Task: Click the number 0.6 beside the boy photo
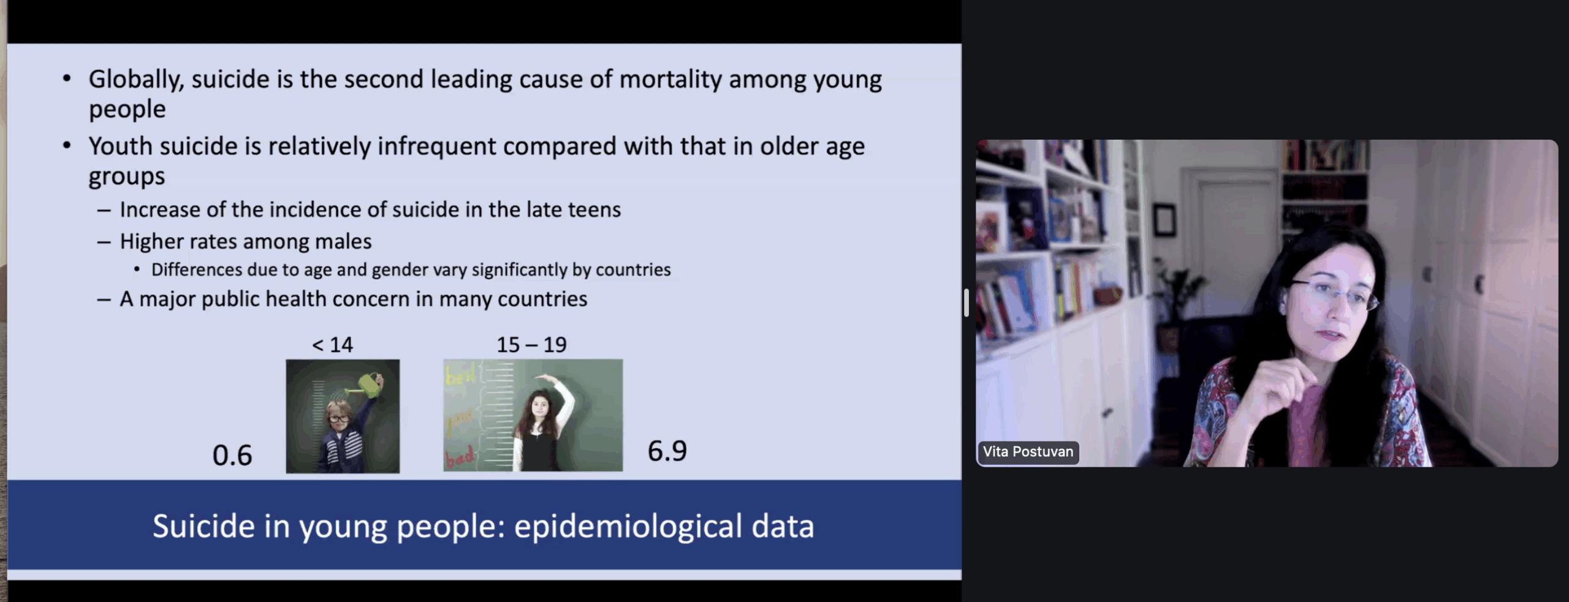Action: click(x=232, y=455)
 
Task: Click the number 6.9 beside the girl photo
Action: click(x=667, y=451)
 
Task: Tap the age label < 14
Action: click(x=332, y=345)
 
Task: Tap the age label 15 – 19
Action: click(x=531, y=345)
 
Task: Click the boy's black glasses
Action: click(x=338, y=419)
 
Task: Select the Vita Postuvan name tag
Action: click(x=1028, y=452)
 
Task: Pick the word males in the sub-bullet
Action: click(x=343, y=241)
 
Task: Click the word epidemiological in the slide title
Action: click(x=628, y=527)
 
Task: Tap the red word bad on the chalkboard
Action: click(x=459, y=457)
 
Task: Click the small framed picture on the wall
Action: click(x=1164, y=220)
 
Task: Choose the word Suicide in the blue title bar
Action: click(x=203, y=527)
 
